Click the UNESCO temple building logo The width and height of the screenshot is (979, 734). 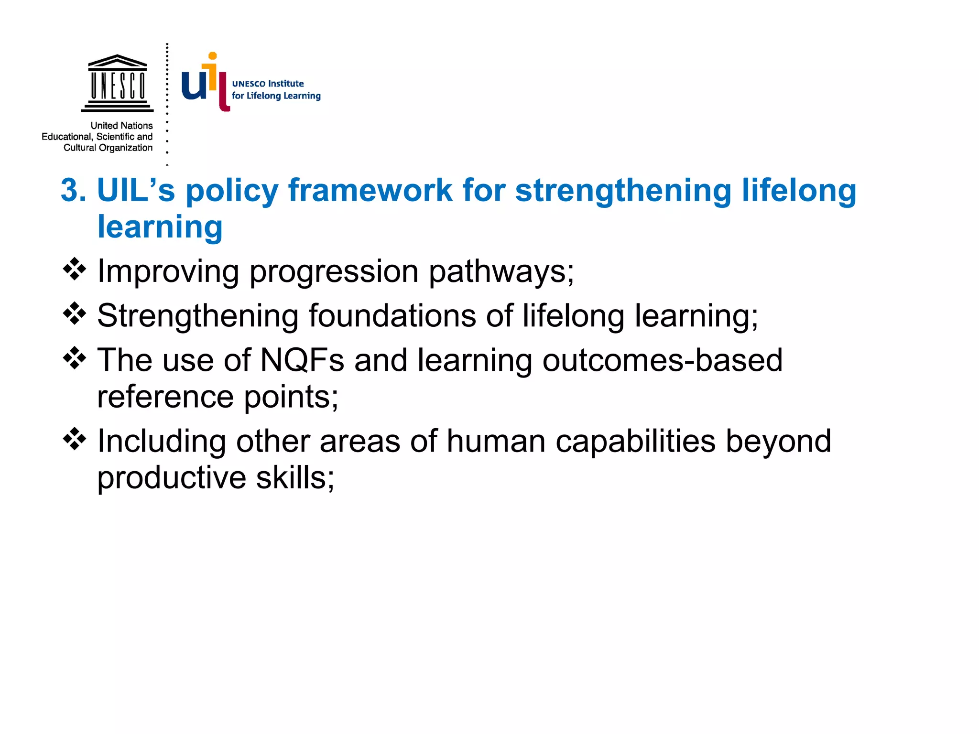click(x=118, y=82)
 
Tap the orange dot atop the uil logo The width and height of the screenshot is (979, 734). click(x=213, y=56)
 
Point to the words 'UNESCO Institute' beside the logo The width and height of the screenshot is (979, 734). click(x=268, y=84)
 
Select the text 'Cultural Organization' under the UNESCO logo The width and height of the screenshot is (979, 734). click(x=108, y=148)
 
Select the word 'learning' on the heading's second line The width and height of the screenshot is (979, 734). click(x=160, y=227)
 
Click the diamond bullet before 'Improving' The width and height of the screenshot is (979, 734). click(x=75, y=269)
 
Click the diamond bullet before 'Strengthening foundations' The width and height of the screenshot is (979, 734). click(x=75, y=313)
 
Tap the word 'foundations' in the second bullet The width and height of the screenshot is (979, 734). click(x=392, y=315)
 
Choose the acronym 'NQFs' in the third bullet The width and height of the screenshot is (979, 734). click(x=302, y=360)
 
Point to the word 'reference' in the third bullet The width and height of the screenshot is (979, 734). click(x=165, y=397)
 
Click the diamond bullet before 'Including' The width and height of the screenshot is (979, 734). click(x=75, y=439)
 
